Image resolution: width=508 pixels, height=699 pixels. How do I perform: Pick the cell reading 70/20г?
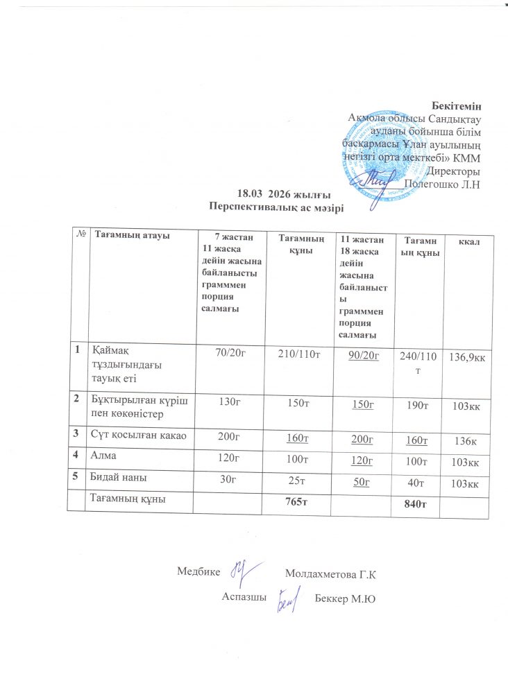coord(230,354)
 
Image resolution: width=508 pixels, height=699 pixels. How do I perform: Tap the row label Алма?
coord(105,458)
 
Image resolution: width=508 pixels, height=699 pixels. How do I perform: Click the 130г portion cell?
coord(230,403)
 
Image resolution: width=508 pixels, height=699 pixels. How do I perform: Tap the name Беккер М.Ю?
coord(345,598)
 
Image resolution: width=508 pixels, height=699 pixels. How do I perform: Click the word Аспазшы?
coord(244,596)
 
